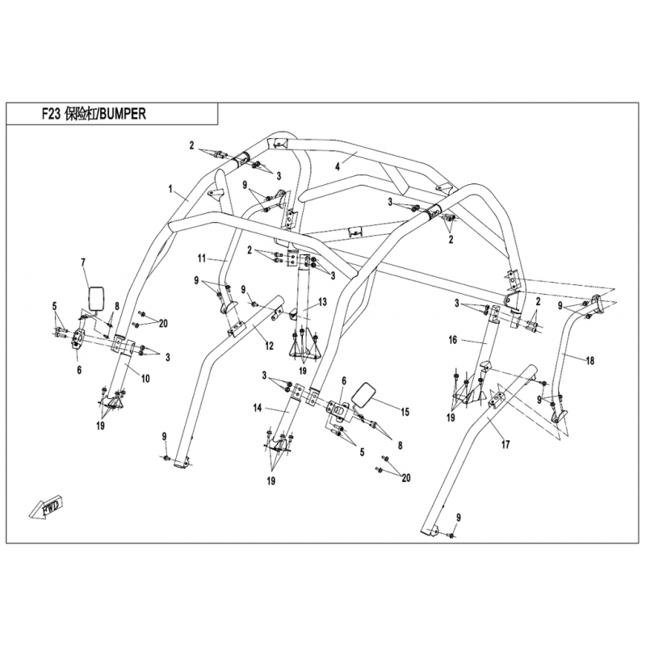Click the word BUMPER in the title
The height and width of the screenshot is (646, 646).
coord(123,114)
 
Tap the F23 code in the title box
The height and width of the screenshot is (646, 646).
coord(52,114)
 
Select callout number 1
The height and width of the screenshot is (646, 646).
coord(170,189)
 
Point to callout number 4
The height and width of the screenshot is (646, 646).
coord(338,167)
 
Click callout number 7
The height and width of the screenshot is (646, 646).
coord(83,262)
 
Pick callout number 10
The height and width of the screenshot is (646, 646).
coord(146,378)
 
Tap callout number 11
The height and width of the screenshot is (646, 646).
coord(201,258)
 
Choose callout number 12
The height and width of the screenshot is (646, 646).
coord(269,346)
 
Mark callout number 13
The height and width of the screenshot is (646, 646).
coord(322,302)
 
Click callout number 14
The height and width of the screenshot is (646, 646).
coord(258,409)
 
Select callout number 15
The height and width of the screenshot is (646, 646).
coord(405,412)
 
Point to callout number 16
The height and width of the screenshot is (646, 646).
coord(453,340)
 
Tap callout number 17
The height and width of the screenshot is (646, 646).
coord(505,445)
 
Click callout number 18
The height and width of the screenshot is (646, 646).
coord(590,361)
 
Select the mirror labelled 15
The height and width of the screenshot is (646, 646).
coord(363,396)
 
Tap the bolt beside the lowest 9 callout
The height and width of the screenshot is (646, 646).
coord(451,535)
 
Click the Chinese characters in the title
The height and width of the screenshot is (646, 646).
coord(80,114)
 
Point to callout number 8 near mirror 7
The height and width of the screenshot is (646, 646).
coord(117,306)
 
